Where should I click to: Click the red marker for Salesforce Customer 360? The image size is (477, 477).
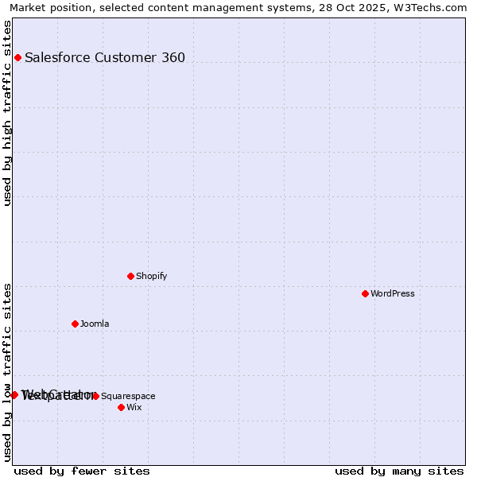(17, 57)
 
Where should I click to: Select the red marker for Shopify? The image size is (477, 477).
(130, 276)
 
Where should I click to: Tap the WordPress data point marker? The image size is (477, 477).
(365, 293)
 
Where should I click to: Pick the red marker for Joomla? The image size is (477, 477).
(75, 324)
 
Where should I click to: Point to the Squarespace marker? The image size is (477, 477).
(95, 396)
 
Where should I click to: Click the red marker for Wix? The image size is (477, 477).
(121, 407)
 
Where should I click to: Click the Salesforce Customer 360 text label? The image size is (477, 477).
(105, 57)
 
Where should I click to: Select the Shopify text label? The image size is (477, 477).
(151, 276)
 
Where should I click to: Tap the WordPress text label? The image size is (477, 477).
(393, 293)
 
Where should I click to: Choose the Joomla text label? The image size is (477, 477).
(95, 324)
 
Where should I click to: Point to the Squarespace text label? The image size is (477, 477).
(128, 396)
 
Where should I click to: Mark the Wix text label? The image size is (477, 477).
(134, 407)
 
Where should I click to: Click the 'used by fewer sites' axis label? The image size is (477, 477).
(82, 471)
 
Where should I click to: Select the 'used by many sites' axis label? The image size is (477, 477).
(399, 471)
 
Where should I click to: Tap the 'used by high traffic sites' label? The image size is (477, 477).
(8, 113)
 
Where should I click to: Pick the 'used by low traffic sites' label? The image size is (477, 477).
(8, 371)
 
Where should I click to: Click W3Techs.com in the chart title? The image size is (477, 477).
(434, 8)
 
